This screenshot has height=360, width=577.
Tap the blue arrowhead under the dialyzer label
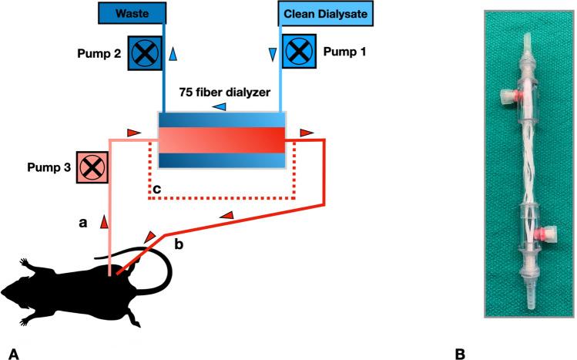[220, 106]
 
